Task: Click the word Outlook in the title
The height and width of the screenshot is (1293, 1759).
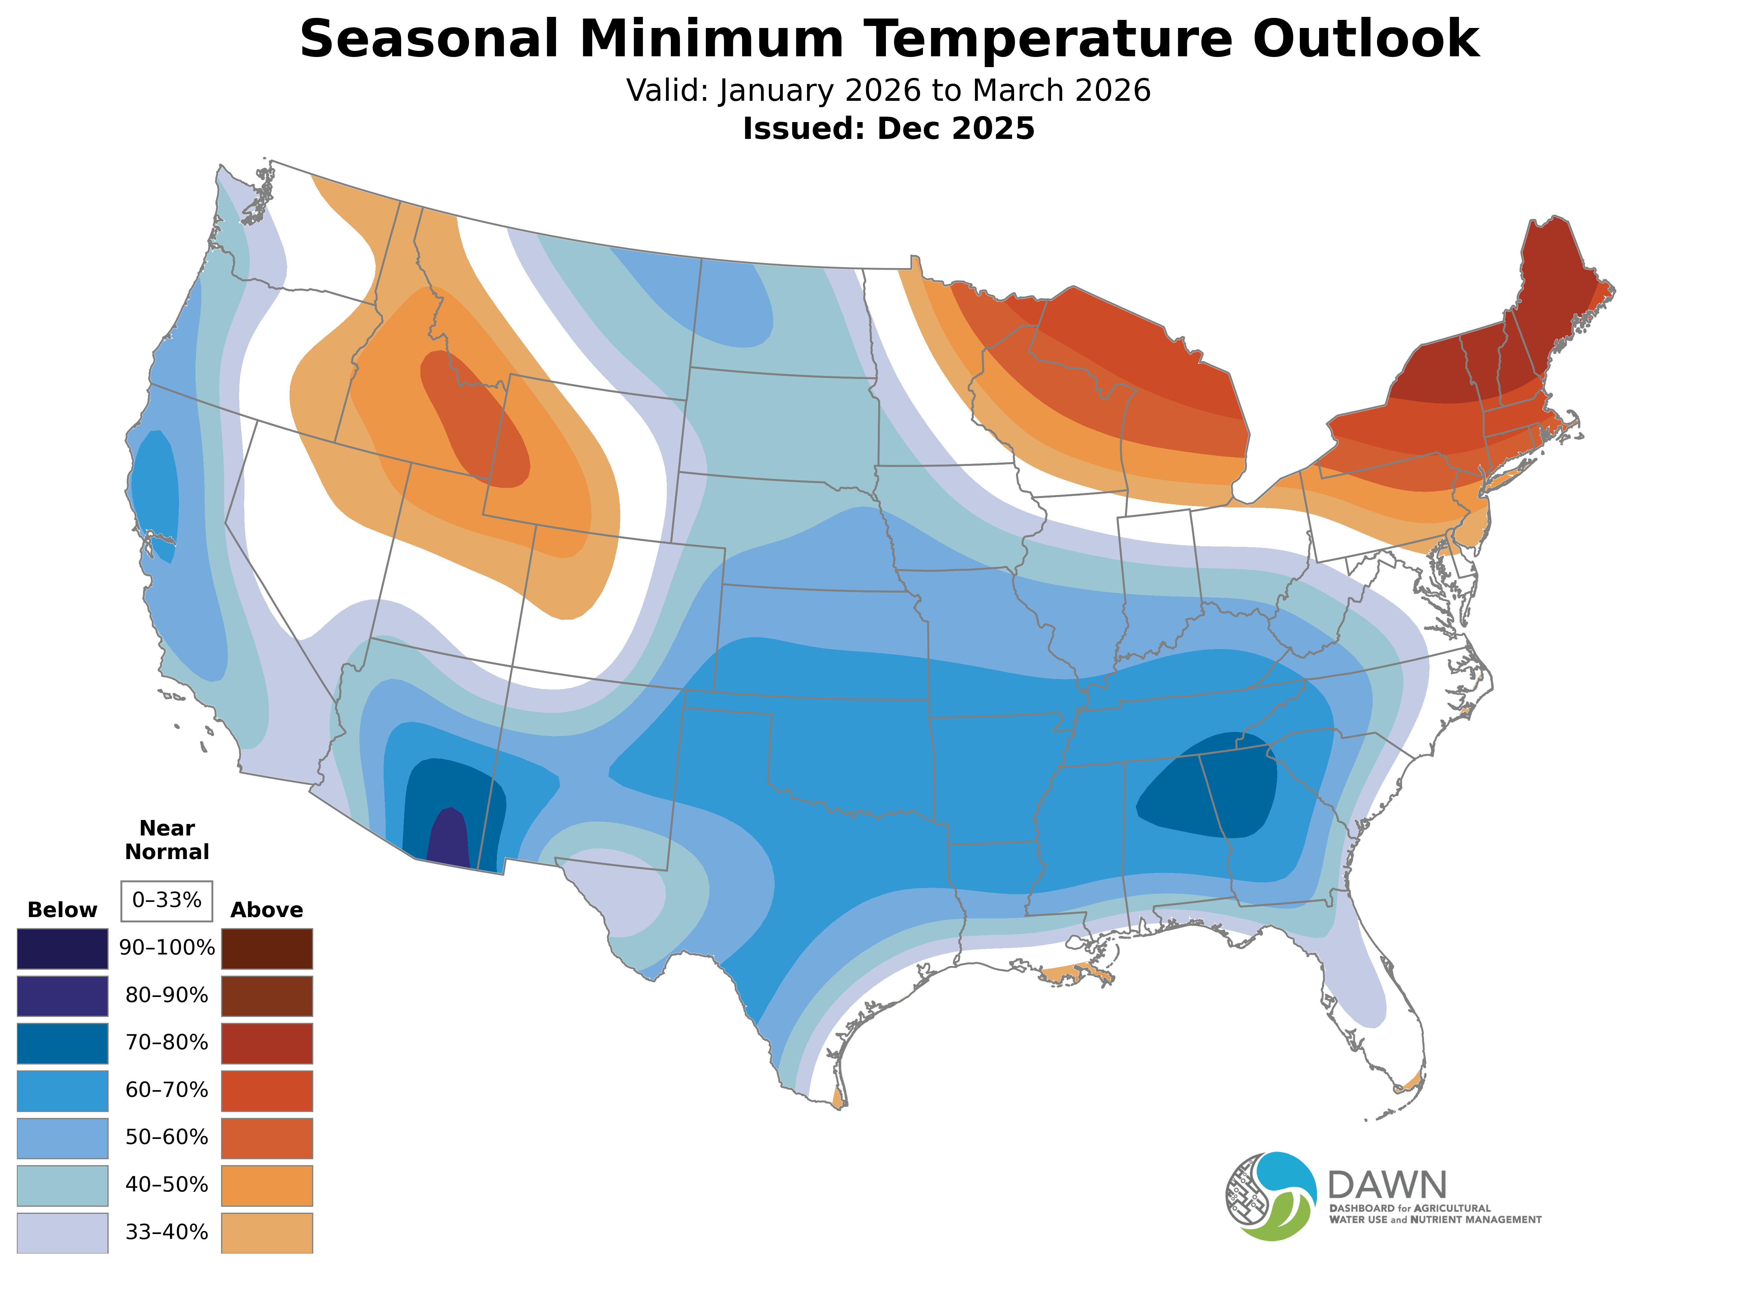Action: pos(1365,39)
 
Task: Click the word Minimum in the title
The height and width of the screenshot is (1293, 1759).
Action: pos(711,39)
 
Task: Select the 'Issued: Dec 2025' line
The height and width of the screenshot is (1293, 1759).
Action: pos(888,128)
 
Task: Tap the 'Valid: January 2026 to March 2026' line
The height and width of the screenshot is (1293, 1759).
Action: pos(888,91)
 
